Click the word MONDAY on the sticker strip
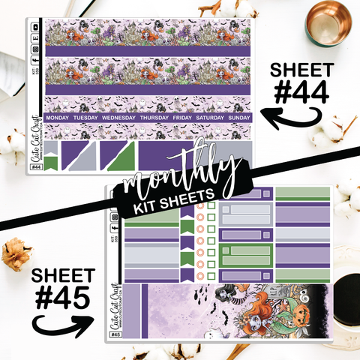pyautogui.click(x=62, y=118)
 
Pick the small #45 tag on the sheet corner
pyautogui.click(x=114, y=346)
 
